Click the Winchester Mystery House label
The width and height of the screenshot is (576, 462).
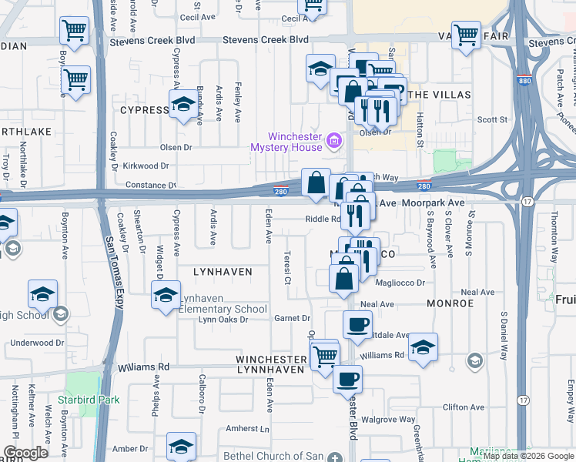tap(286, 141)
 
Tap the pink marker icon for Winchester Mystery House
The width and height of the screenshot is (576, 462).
tap(333, 140)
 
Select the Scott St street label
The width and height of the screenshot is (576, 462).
tap(493, 119)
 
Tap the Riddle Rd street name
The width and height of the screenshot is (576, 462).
tap(322, 219)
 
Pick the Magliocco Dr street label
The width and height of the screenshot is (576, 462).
tap(399, 283)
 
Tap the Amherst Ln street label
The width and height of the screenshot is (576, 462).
tap(249, 428)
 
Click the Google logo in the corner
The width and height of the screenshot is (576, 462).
tap(25, 453)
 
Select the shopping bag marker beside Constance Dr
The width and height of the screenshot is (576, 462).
tap(316, 184)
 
